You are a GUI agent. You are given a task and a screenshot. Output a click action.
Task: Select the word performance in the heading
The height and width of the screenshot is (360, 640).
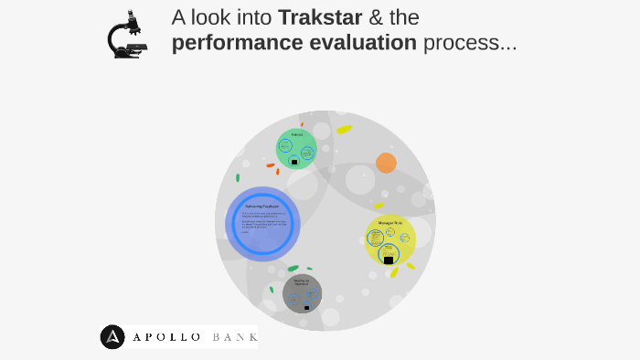click(x=243, y=43)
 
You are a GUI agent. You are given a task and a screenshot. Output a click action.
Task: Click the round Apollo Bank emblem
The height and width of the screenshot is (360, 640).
click(x=113, y=337)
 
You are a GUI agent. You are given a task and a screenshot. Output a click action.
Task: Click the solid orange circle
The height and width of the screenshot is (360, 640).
click(x=386, y=164)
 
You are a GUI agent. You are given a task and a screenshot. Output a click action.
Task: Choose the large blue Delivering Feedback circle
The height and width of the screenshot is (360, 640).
click(x=263, y=224)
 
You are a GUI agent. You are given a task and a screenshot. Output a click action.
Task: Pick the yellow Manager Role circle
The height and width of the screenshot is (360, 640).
click(x=390, y=240)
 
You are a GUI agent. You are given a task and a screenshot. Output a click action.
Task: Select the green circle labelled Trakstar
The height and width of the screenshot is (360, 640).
click(x=296, y=149)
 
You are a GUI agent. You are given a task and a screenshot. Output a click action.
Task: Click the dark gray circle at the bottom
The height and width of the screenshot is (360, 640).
click(x=302, y=293)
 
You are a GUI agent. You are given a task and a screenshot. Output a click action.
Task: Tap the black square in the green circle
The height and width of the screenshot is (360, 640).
click(x=294, y=162)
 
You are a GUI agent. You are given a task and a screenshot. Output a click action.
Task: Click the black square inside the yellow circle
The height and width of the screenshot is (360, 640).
click(x=389, y=260)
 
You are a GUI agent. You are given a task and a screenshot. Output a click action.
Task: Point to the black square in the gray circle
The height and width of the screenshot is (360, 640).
click(x=306, y=307)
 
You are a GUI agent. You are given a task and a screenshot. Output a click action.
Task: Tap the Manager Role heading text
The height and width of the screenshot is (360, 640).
click(x=391, y=223)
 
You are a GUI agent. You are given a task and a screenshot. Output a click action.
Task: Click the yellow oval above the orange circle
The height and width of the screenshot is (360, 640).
click(x=344, y=130)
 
